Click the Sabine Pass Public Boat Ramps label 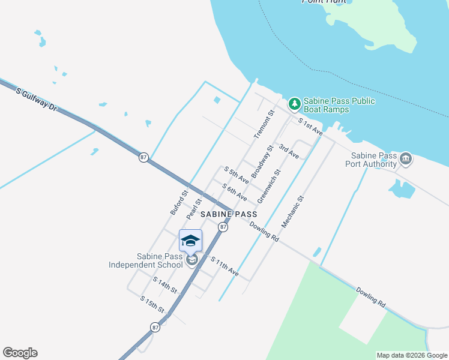point(339,105)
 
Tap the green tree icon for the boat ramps point(294,104)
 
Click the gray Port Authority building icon point(405,158)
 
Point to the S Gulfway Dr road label point(36,100)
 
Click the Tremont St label point(264,125)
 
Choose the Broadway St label point(262,161)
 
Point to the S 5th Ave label point(237,175)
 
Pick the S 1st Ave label point(311,127)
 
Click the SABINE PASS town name point(229,214)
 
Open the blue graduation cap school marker point(190,241)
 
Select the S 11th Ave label point(224,266)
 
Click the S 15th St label point(152,304)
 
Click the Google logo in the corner point(20,353)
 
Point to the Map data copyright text point(412,355)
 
